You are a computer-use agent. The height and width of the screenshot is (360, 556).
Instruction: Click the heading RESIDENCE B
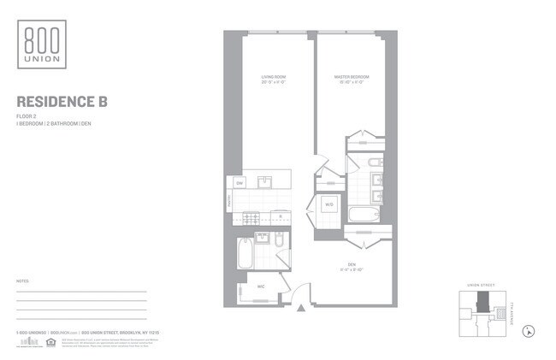pos(62,103)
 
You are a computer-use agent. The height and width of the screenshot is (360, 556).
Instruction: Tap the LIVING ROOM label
pos(274,78)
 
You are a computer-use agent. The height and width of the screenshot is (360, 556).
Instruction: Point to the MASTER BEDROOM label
pos(349,78)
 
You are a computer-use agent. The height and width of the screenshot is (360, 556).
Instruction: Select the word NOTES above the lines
pos(23,280)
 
